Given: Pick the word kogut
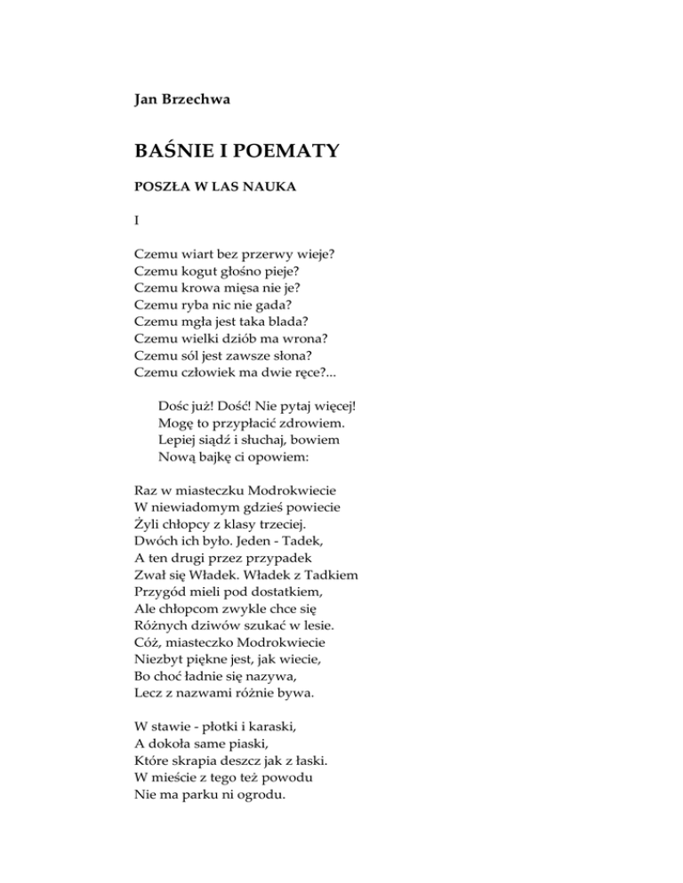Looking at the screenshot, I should coord(197,270).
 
